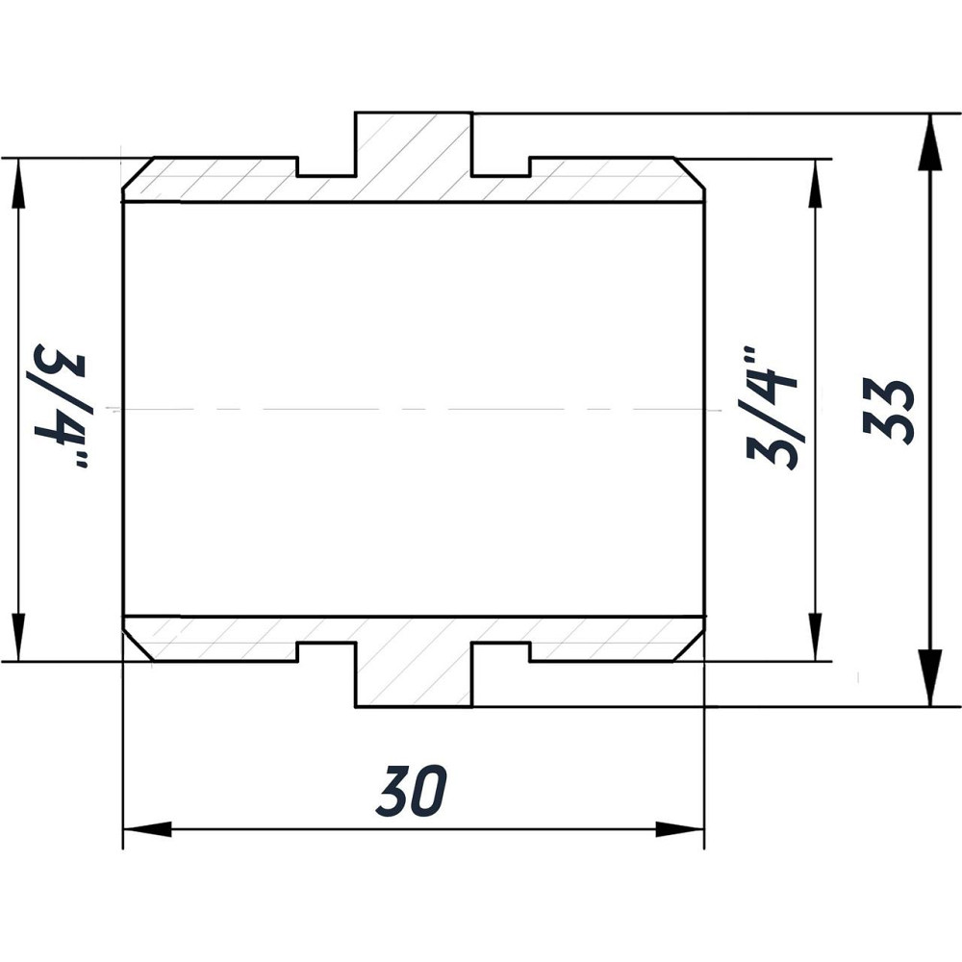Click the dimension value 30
(x=413, y=791)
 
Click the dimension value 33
(x=889, y=410)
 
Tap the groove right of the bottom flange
(x=501, y=652)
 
